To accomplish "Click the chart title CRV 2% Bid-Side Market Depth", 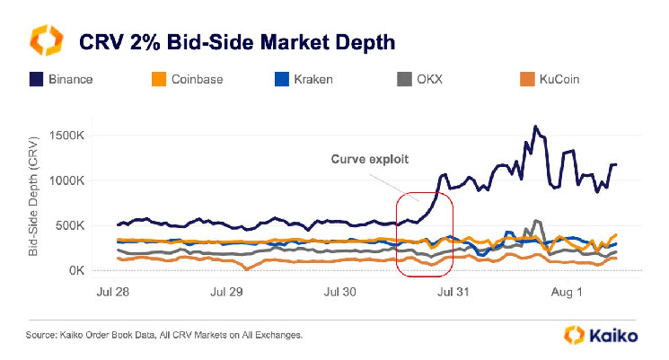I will [x=237, y=42].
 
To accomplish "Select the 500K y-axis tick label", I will [x=73, y=225].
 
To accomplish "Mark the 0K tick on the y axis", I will [x=78, y=270].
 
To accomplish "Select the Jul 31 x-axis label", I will [x=452, y=292].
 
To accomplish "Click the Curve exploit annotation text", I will [x=369, y=159].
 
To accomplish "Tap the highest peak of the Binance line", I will [x=535, y=127].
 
